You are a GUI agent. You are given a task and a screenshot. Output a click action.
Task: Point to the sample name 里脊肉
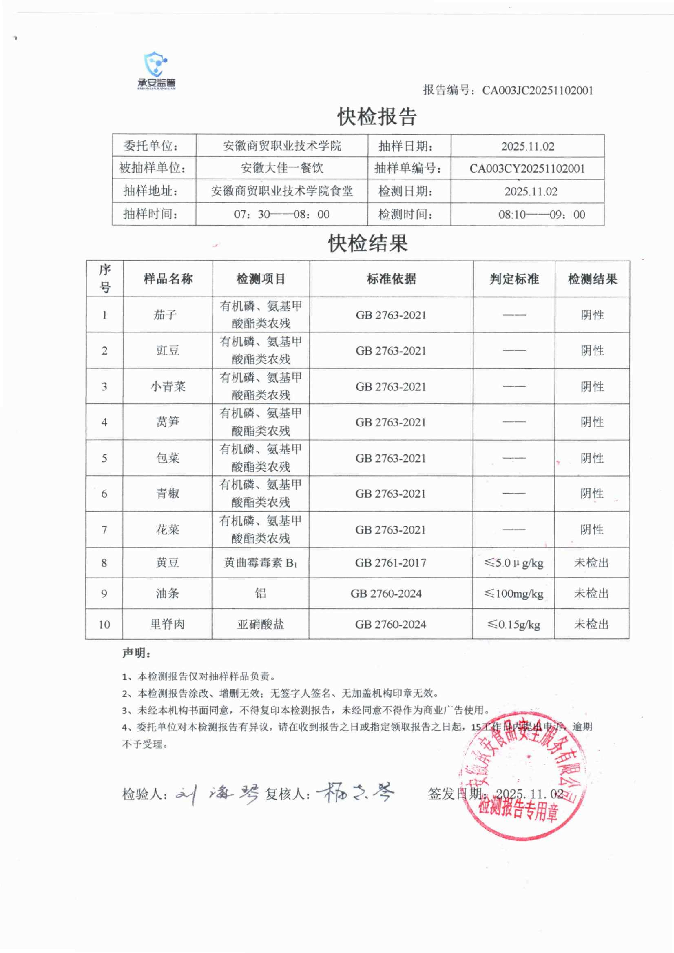[x=167, y=624]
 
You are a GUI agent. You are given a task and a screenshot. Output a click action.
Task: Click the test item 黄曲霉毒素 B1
[x=260, y=563]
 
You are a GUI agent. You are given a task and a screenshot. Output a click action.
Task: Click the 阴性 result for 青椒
[x=592, y=493]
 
